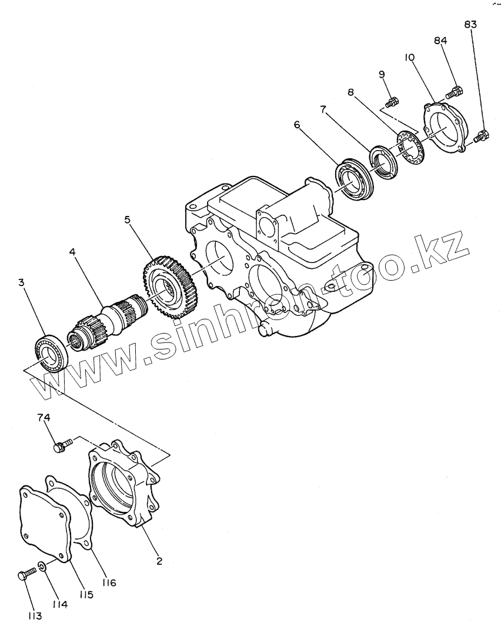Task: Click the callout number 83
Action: [x=470, y=25]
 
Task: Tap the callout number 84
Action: [x=441, y=41]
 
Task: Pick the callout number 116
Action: [x=108, y=583]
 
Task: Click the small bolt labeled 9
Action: [x=392, y=102]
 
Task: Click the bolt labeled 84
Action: [x=455, y=92]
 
